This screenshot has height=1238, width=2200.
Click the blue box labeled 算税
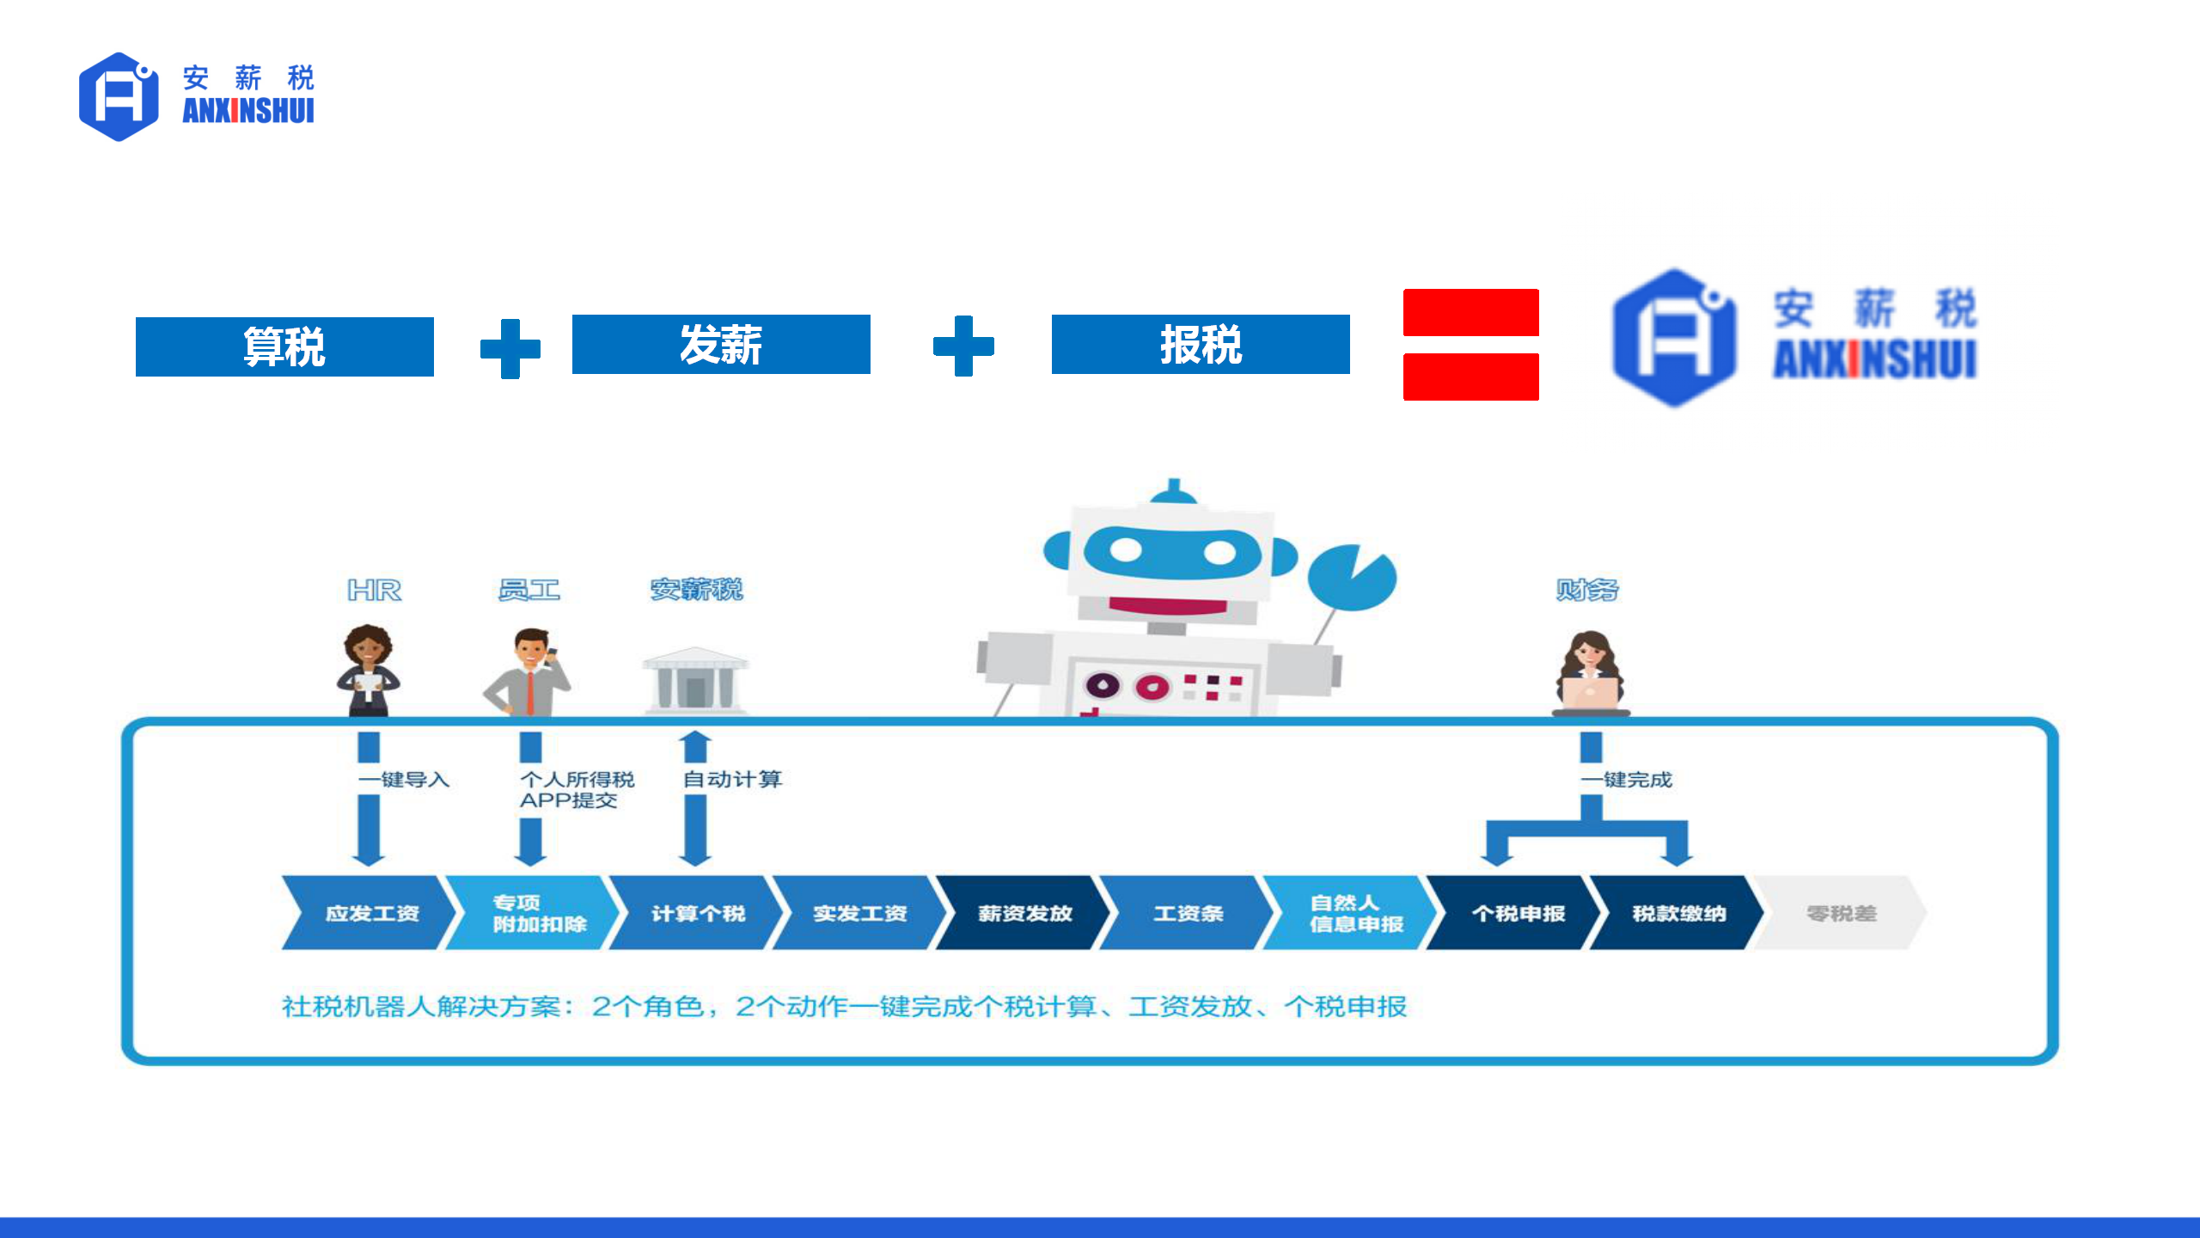pyautogui.click(x=284, y=346)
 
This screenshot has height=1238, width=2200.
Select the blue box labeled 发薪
pyautogui.click(x=721, y=344)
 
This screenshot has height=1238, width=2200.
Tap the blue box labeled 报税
pyautogui.click(x=1201, y=344)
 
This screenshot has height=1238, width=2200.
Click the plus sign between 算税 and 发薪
pyautogui.click(x=510, y=348)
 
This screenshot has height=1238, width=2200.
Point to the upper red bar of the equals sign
pyautogui.click(x=1470, y=312)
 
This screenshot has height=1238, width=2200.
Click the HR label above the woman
pyautogui.click(x=374, y=590)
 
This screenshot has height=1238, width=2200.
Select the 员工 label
pyautogui.click(x=529, y=590)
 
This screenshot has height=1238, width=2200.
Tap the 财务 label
pyautogui.click(x=1586, y=590)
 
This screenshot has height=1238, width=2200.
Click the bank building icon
pyautogui.click(x=695, y=680)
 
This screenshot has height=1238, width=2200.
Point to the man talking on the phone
pyautogui.click(x=529, y=671)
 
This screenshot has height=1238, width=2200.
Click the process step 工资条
pyautogui.click(x=1187, y=913)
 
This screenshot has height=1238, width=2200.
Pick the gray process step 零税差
pyautogui.click(x=1841, y=913)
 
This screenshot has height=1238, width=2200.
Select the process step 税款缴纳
pyautogui.click(x=1677, y=913)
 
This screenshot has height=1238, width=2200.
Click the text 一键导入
pyautogui.click(x=404, y=780)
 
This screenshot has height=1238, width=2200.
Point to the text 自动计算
pyautogui.click(x=732, y=779)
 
